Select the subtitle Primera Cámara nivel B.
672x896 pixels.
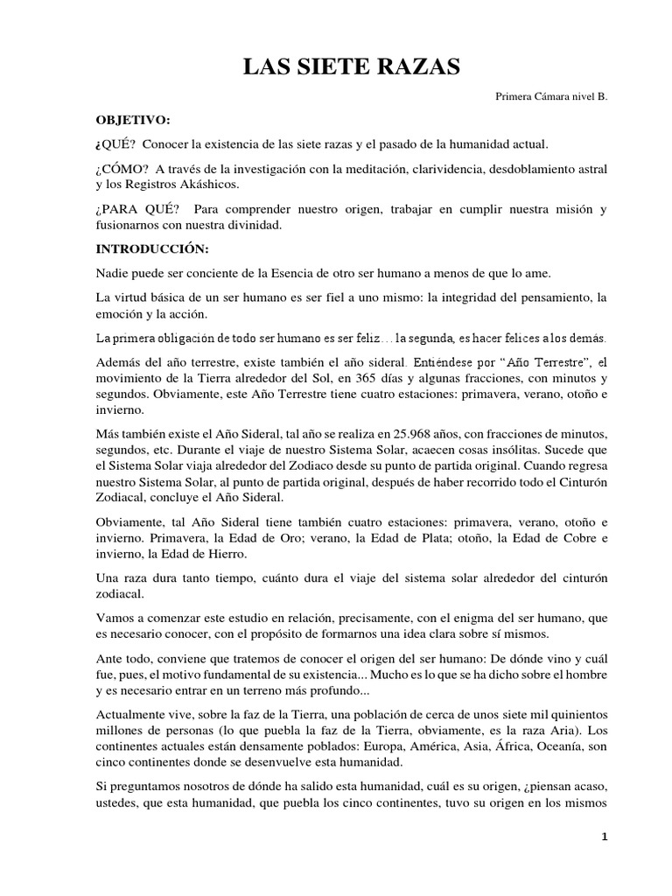coord(550,97)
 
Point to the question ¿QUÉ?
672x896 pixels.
coord(114,143)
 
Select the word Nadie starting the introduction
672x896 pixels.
coord(113,273)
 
